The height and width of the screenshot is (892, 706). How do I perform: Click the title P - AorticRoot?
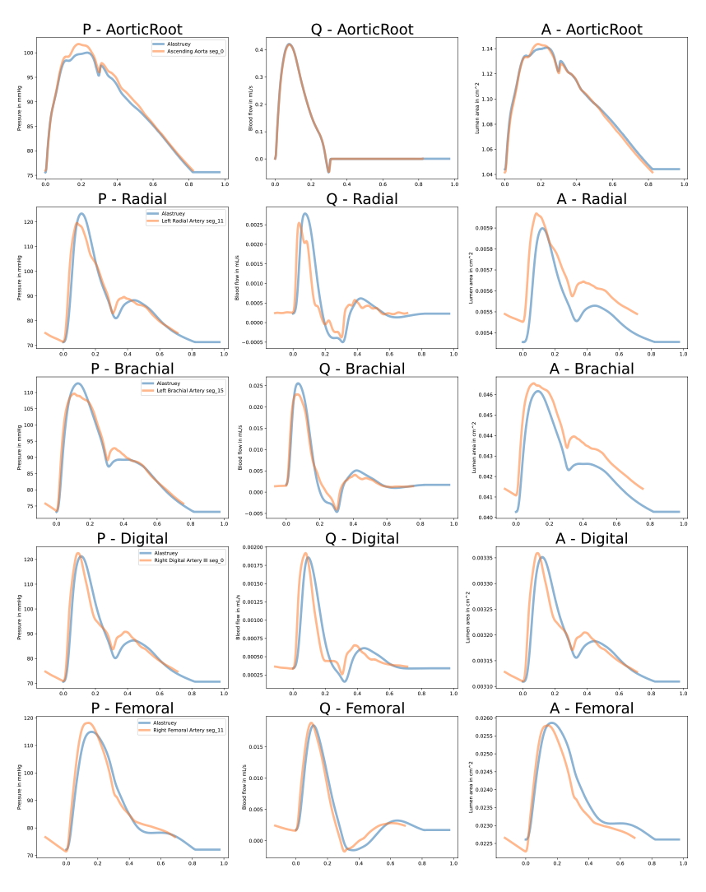[132, 30]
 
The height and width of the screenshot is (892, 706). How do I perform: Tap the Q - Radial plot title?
[362, 199]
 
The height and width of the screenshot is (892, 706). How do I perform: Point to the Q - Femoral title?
[362, 708]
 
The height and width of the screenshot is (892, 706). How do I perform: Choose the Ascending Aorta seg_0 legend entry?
[188, 51]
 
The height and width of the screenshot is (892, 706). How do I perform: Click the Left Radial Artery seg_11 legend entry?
[186, 221]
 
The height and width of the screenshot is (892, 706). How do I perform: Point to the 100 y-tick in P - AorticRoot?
[30, 53]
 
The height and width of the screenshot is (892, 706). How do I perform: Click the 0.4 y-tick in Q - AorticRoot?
[259, 49]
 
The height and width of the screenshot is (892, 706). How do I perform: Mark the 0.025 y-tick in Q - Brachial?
[256, 385]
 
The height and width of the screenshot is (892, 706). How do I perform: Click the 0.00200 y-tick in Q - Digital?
[252, 547]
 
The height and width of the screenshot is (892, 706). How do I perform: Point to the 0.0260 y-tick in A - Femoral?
[485, 718]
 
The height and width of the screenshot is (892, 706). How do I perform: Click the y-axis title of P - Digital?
[19, 617]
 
